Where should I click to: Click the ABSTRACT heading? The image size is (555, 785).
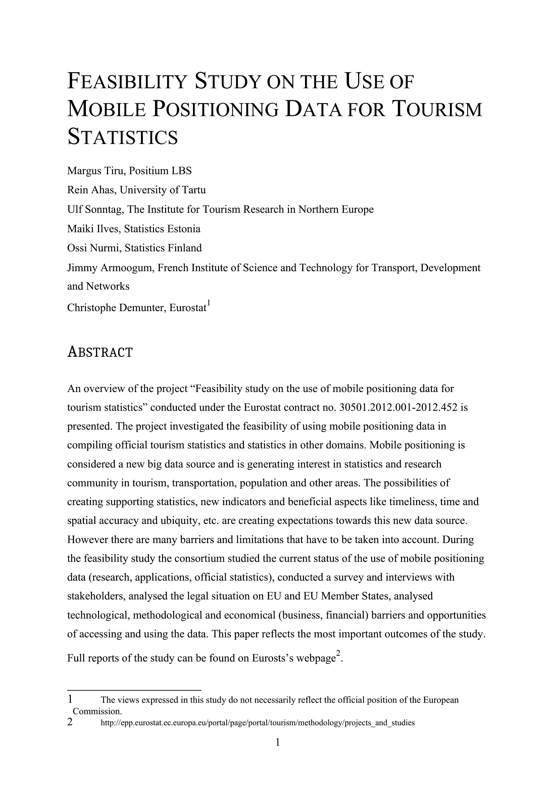pyautogui.click(x=100, y=352)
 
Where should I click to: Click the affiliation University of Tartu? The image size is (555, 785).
pyautogui.click(x=163, y=190)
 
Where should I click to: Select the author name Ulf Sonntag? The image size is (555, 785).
pyautogui.click(x=95, y=209)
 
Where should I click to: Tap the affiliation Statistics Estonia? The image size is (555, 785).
pyautogui.click(x=162, y=229)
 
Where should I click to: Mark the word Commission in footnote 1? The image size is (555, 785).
pyautogui.click(x=97, y=712)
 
